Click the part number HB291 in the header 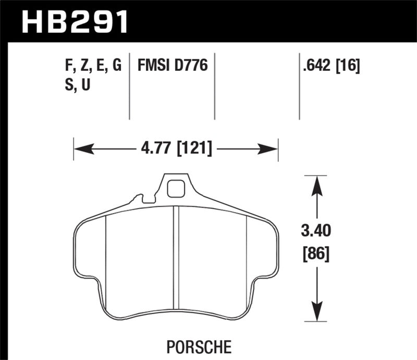(x=73, y=21)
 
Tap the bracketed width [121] (x=195, y=148)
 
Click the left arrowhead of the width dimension (x=79, y=149)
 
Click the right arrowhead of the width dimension (x=273, y=149)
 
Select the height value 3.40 (x=316, y=230)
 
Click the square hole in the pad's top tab (x=177, y=188)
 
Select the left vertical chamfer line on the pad (x=106, y=255)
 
